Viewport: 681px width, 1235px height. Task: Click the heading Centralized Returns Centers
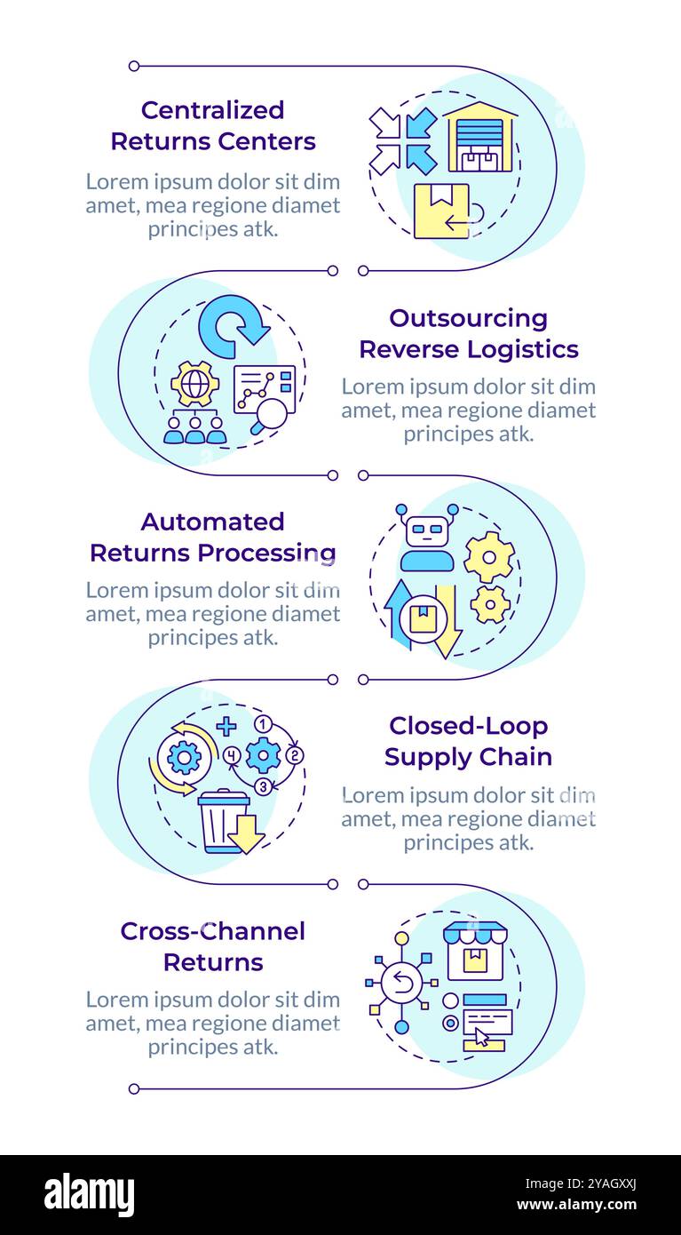click(x=213, y=125)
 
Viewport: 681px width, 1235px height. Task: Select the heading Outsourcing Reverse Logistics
click(x=468, y=333)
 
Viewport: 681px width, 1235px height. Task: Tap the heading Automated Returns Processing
click(x=213, y=537)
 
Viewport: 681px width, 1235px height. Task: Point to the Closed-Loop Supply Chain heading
click(x=468, y=741)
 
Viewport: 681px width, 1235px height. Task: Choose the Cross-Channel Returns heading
click(x=213, y=946)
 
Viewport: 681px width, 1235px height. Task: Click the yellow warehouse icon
click(x=479, y=137)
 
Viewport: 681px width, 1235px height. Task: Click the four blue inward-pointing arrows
click(x=403, y=140)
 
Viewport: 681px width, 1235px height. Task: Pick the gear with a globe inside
click(x=195, y=384)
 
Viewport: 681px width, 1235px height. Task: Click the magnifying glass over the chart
click(x=269, y=415)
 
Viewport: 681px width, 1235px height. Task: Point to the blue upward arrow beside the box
click(x=397, y=613)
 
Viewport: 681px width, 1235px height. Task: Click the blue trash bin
click(x=223, y=822)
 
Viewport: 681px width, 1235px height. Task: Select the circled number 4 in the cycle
click(x=233, y=755)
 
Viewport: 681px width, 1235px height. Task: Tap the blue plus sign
click(x=226, y=726)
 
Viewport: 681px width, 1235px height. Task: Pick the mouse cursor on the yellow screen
click(x=482, y=1036)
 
